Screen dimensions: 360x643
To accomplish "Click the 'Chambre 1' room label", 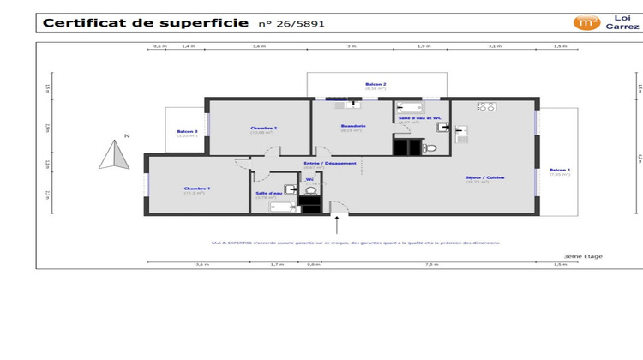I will pos(196,188).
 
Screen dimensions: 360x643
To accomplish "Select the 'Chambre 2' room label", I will pos(262,128).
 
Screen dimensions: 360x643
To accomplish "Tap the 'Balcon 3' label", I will pos(187,131).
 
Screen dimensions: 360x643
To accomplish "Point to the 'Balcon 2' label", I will pos(376,84).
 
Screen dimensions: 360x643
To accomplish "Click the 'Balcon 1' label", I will pos(559,171).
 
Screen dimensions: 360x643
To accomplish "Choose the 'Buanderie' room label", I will pos(353,127).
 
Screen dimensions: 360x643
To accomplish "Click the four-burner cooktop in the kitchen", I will pos(486,107).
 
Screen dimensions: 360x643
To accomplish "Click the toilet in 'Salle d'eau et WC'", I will pos(430,147).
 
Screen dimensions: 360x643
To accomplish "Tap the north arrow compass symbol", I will pos(112,156).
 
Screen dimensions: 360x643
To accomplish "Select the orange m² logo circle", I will pos(586,22).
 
